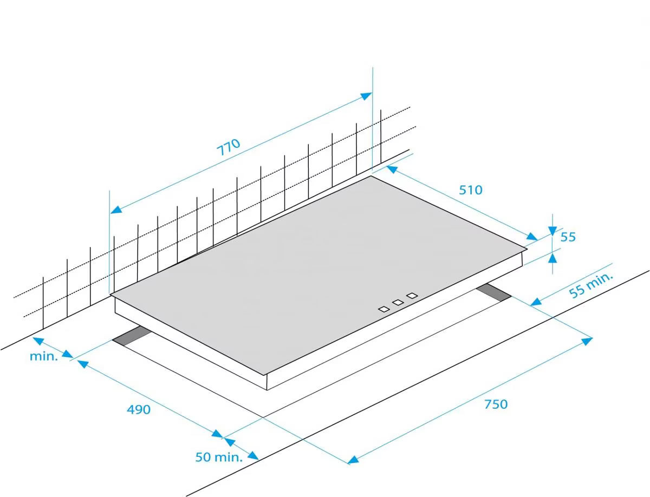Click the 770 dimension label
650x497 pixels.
229,147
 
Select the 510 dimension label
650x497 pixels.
471,189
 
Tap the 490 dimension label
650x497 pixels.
139,409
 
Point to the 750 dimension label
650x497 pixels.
496,404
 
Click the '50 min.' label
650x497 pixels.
219,457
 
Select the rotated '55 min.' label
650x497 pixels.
591,285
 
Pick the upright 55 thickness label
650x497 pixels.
568,237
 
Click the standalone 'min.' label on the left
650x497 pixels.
44,356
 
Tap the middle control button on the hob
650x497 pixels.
398,302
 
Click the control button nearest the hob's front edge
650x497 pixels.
384,309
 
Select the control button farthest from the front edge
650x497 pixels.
412,296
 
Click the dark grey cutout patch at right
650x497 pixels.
493,292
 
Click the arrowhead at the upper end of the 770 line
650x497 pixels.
366,96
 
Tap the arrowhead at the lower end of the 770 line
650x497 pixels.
116,210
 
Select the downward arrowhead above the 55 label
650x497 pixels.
552,231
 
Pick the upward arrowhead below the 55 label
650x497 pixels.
552,258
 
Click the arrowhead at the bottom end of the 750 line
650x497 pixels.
353,460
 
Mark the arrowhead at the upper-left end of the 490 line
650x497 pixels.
83,364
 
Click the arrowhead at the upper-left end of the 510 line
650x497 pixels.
392,169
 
